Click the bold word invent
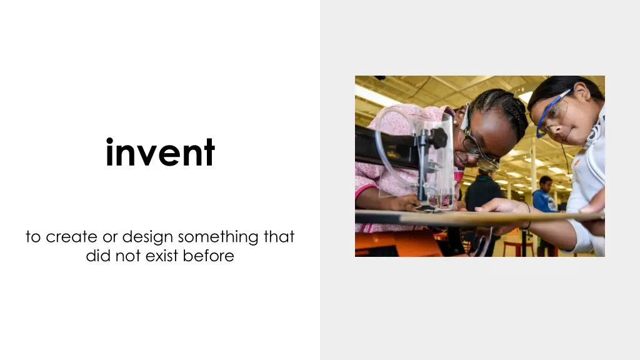point(160,152)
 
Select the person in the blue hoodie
point(544,197)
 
